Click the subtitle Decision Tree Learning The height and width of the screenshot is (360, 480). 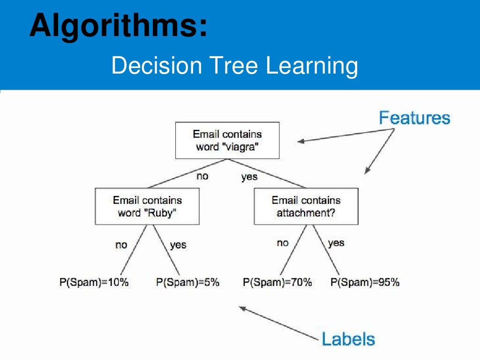click(x=234, y=66)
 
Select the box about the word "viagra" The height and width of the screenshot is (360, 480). click(x=227, y=140)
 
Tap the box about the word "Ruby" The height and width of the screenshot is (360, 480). click(x=147, y=206)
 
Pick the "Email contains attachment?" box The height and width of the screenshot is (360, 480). click(x=306, y=206)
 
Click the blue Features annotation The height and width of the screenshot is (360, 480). click(x=414, y=118)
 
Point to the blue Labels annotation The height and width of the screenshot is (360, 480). click(x=348, y=338)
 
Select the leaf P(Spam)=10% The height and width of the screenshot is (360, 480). click(x=94, y=282)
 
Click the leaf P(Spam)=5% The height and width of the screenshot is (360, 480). click(x=187, y=282)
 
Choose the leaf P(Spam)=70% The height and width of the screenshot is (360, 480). click(x=277, y=282)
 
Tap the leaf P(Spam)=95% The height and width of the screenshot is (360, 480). click(x=365, y=282)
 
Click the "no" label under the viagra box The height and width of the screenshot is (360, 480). click(x=202, y=176)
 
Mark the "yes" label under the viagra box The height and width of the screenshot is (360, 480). click(x=249, y=177)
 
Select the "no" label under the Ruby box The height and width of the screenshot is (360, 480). click(x=121, y=245)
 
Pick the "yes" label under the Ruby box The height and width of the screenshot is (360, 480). click(x=178, y=245)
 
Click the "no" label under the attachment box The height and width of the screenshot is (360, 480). click(x=283, y=243)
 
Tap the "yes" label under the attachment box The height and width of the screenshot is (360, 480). click(x=336, y=243)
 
